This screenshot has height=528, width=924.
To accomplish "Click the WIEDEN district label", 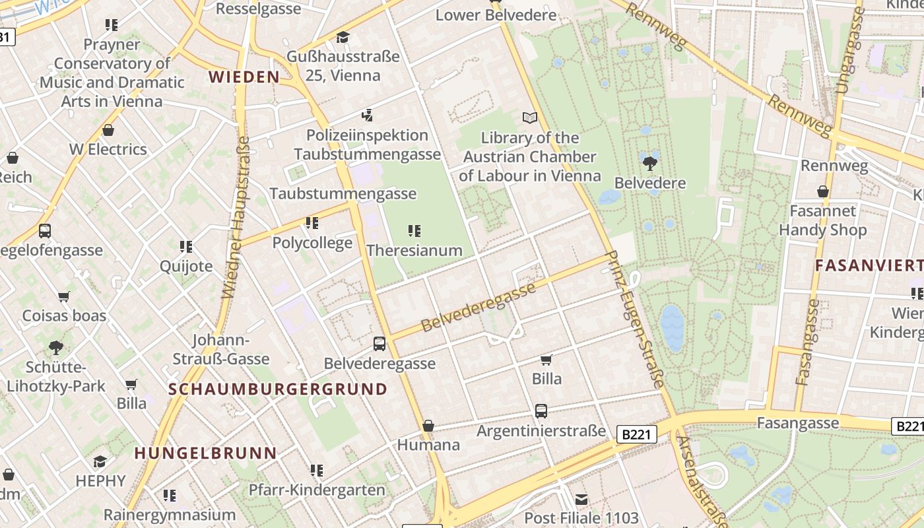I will click(x=244, y=77).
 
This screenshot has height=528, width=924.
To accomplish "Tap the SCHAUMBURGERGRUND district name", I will click(x=278, y=389).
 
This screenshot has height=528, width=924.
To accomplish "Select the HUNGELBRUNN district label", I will click(x=205, y=453).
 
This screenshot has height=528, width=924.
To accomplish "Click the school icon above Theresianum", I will click(x=414, y=231).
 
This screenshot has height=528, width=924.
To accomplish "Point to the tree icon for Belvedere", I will click(x=649, y=162).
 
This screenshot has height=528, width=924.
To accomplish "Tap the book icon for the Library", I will click(x=530, y=118).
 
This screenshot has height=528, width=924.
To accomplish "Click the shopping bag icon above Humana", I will click(x=428, y=426).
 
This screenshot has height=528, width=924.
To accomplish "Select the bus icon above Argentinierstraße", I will click(x=541, y=411).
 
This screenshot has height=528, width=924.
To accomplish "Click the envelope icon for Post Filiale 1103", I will click(x=581, y=499).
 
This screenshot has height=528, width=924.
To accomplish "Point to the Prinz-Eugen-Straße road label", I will click(x=635, y=319).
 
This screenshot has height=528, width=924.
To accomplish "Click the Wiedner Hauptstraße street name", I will click(x=236, y=217).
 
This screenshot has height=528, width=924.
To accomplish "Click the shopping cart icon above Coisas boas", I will click(x=64, y=296).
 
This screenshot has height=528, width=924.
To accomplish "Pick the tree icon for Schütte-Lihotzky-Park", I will click(x=56, y=347).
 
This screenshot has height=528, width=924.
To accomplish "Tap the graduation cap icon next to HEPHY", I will click(x=100, y=461).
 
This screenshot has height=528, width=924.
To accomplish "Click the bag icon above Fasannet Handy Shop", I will click(x=822, y=192).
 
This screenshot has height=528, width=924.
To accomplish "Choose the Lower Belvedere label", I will click(x=496, y=15).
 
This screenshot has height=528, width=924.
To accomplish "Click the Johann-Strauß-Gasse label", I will click(x=221, y=350).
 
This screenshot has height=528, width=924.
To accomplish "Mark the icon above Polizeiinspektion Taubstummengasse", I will click(x=367, y=115).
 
